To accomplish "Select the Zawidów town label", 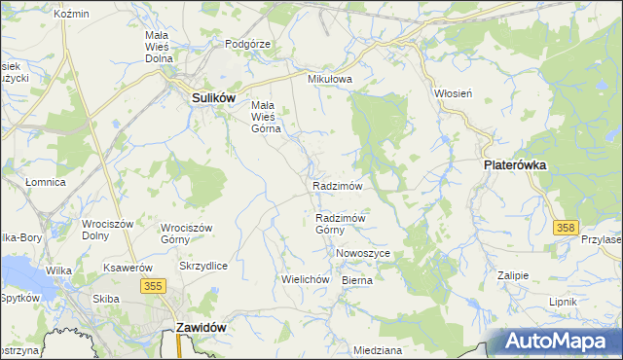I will [x=202, y=328].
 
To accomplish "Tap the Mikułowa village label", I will [x=328, y=79].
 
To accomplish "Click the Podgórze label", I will [x=247, y=44].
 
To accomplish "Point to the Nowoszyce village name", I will [x=362, y=253].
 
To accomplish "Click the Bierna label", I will [x=357, y=279].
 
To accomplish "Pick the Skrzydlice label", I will [x=203, y=266].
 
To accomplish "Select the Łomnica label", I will [x=45, y=182].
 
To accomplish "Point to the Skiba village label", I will [x=105, y=299].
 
